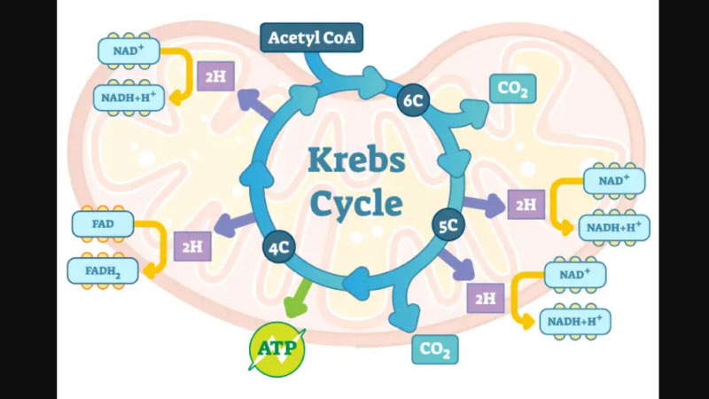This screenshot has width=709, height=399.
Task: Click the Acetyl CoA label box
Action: click(310, 38)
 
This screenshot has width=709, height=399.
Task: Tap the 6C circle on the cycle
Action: click(413, 100)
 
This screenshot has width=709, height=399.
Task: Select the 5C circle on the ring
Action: click(448, 226)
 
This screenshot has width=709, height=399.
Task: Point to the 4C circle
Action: click(278, 247)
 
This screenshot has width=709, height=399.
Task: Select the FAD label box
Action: click(103, 224)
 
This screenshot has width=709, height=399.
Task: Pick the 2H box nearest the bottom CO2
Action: click(485, 298)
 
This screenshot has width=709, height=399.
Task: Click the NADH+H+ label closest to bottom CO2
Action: click(575, 320)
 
